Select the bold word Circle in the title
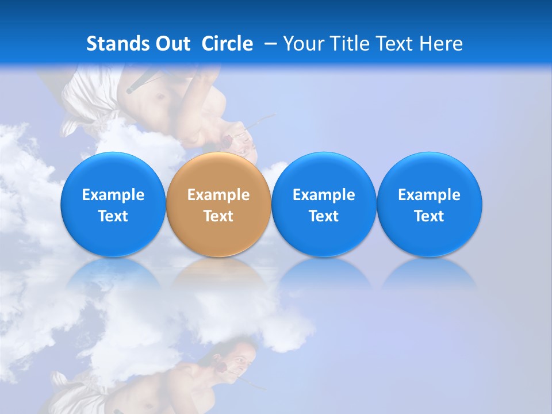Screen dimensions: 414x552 coord(227,44)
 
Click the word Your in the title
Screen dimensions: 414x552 coord(302,44)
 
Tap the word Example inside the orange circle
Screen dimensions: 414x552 coord(218,195)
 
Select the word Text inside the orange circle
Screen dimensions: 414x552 coord(218,216)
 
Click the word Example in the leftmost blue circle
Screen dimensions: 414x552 coord(113,195)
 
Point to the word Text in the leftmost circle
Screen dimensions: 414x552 coord(113,216)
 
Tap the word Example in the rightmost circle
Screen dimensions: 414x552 coord(430,195)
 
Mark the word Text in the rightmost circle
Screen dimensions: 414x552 coord(430,216)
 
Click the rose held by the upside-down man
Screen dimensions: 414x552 coord(227,140)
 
